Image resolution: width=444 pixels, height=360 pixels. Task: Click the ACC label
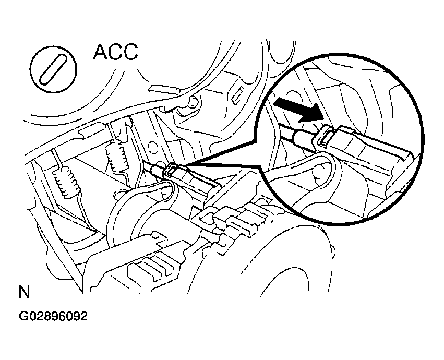click(115, 52)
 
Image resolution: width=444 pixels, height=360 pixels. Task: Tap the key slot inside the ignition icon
click(53, 69)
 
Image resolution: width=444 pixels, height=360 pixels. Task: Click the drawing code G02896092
click(53, 316)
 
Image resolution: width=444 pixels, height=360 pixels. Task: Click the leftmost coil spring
click(66, 183)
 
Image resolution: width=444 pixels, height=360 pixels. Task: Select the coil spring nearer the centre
click(117, 157)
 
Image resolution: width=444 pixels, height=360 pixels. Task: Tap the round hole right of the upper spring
click(152, 146)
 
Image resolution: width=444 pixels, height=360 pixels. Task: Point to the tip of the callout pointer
click(185, 166)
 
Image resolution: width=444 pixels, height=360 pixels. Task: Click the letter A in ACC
click(100, 52)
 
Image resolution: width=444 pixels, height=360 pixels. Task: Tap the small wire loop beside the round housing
click(118, 195)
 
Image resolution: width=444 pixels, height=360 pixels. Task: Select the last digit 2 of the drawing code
click(84, 316)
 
